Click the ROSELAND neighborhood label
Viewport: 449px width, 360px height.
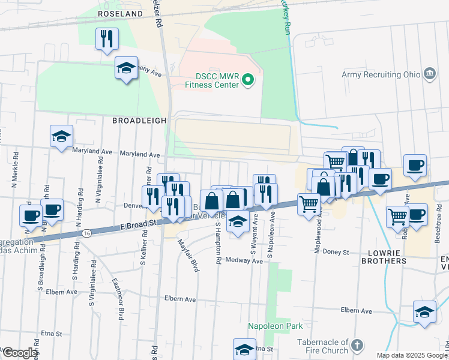tap(121, 13)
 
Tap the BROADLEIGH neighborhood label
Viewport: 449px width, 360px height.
tap(139, 121)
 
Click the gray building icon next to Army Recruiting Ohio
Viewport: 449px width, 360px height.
tap(429, 74)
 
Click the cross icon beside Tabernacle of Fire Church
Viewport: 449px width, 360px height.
tap(357, 346)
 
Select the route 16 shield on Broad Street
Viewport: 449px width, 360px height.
tap(88, 232)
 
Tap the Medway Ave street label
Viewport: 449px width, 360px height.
tap(245, 261)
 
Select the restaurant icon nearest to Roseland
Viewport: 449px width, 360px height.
tap(107, 39)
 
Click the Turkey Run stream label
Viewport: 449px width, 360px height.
tap(286, 17)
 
